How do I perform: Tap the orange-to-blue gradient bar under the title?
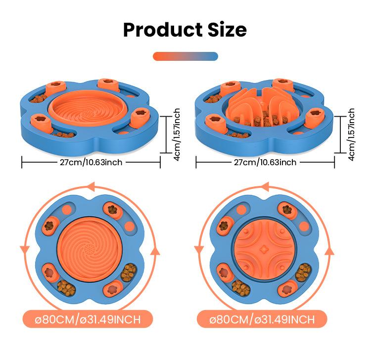185,56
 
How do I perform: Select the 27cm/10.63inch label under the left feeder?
92,162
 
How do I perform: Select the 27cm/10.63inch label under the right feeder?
266,162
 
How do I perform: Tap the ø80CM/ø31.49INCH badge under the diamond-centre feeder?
262,319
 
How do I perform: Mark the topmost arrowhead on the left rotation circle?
90,186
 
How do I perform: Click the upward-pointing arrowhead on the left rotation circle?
154,251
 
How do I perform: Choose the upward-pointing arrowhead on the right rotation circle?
328,251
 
